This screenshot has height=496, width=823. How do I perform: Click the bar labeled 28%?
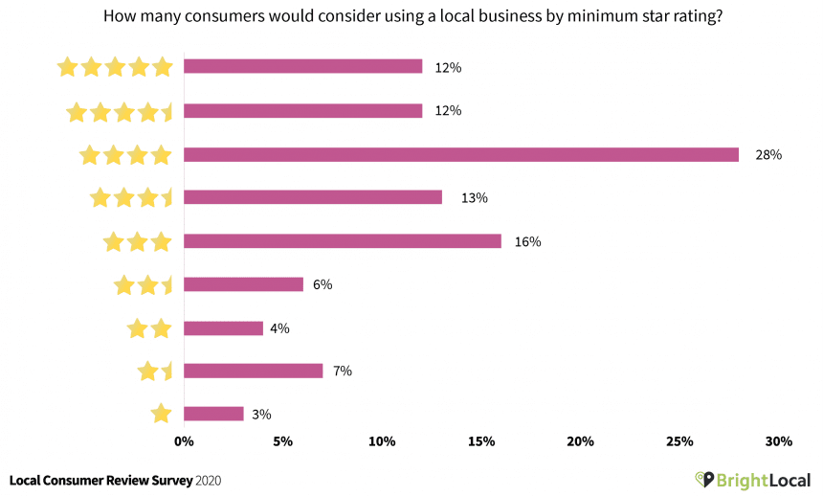coord(460,154)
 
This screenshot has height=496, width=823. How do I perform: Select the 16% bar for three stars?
coord(342,241)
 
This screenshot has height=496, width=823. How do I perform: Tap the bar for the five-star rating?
coord(302,66)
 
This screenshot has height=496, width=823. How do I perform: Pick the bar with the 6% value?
coord(243,284)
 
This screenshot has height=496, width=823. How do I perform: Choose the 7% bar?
coord(253,371)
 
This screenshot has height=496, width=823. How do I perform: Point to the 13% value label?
coord(475,198)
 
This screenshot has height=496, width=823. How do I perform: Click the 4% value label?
coord(280,328)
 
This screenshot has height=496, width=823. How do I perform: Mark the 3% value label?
coord(261,415)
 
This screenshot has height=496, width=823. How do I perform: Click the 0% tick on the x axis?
coord(184,441)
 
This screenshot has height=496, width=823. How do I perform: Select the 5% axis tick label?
coord(282,441)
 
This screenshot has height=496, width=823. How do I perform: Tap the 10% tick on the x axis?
coord(382,441)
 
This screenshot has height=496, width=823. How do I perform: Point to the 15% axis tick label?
coord(481,441)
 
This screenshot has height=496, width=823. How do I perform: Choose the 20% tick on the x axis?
coord(580,441)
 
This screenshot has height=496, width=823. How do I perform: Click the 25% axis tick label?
coord(679,441)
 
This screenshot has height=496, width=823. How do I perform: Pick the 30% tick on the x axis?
coord(779,441)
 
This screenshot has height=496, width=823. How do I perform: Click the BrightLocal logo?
coord(752,479)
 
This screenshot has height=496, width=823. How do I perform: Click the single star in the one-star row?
coord(161,414)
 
